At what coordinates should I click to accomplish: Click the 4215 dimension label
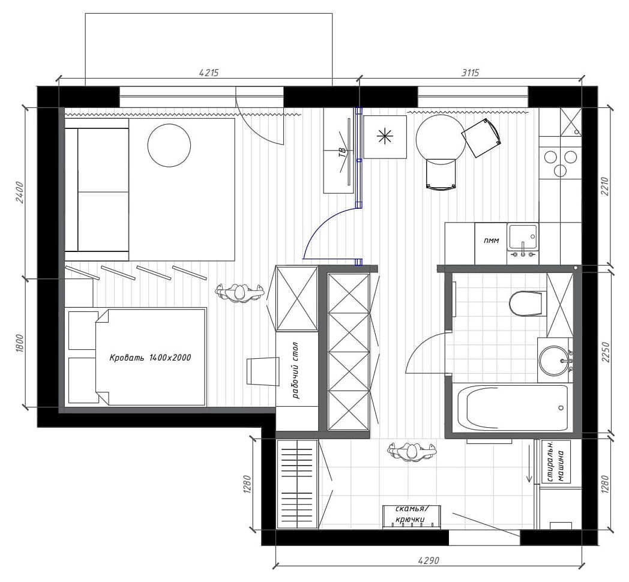(x=209, y=73)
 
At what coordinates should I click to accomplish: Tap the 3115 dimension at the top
(x=470, y=73)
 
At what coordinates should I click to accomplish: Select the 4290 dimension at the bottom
(x=429, y=560)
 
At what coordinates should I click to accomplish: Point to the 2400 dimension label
(x=20, y=193)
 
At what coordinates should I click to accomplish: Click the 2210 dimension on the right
(x=606, y=187)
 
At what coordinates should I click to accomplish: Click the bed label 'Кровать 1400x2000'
(x=151, y=358)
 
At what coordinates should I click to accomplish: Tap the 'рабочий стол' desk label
(x=296, y=370)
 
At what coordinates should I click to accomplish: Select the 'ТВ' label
(x=342, y=152)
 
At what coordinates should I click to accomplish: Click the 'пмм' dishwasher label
(x=492, y=241)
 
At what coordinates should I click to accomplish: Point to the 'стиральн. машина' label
(x=556, y=462)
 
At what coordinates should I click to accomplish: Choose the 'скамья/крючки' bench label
(x=411, y=515)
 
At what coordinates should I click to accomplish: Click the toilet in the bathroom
(x=527, y=304)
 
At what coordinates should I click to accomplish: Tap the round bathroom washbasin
(x=554, y=360)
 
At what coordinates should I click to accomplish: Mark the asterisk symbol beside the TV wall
(x=385, y=137)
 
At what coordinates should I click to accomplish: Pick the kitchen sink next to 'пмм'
(x=523, y=238)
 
